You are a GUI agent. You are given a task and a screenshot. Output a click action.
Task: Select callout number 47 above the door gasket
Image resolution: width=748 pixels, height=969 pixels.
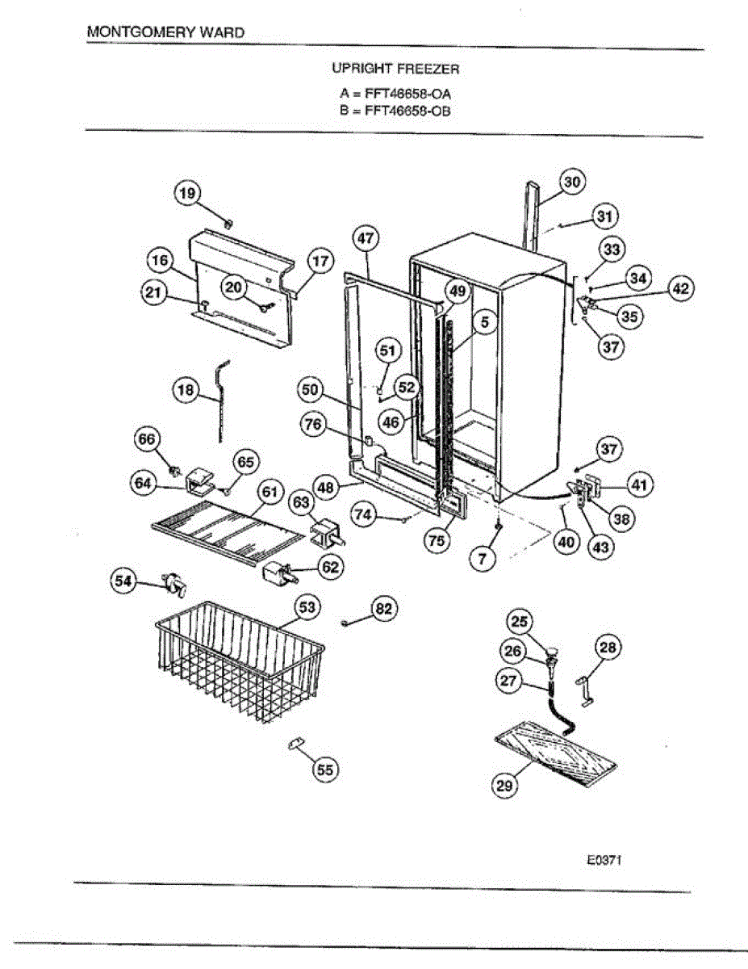click(x=366, y=238)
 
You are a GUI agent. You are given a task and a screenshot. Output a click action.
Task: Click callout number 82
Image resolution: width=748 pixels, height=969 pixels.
click(x=384, y=610)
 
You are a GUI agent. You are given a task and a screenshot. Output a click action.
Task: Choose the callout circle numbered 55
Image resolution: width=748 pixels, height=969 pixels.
click(x=324, y=770)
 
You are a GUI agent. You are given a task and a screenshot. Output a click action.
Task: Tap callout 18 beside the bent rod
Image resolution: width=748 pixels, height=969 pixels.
click(x=186, y=390)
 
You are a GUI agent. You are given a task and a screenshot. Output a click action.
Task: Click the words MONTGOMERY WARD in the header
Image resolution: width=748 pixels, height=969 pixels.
click(x=165, y=33)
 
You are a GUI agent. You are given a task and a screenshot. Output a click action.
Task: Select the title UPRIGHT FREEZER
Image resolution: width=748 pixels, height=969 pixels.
click(x=395, y=69)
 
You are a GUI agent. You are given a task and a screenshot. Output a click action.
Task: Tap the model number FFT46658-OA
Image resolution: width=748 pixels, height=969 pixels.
click(x=407, y=94)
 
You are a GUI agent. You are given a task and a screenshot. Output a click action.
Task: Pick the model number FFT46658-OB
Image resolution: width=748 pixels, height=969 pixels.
click(x=407, y=111)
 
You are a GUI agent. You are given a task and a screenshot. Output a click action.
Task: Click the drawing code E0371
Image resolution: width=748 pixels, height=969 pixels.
click(x=604, y=861)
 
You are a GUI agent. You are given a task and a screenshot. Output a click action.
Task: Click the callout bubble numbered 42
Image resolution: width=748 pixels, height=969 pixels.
click(x=682, y=288)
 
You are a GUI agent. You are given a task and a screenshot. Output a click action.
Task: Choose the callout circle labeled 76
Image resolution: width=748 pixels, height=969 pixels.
click(x=315, y=422)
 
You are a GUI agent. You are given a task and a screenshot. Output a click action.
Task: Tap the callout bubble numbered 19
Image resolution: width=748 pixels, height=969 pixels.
click(x=187, y=193)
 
